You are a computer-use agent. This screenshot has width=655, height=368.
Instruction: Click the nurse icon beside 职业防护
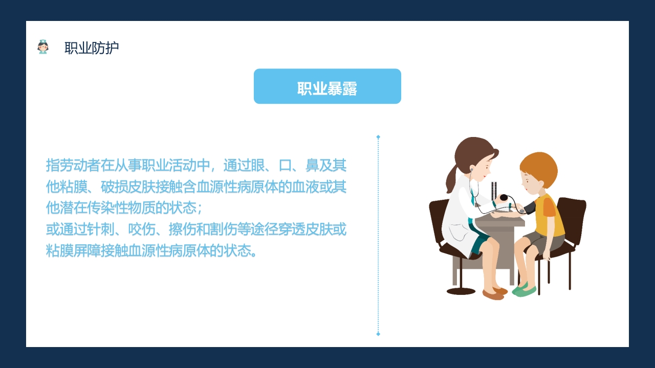coord(43,47)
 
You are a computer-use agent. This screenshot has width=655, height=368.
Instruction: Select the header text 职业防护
coord(92,48)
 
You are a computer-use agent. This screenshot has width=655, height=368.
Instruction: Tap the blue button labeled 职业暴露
coord(327,86)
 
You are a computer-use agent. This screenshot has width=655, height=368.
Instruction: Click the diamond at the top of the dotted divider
coord(378,137)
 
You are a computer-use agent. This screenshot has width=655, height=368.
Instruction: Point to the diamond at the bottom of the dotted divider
coord(378,334)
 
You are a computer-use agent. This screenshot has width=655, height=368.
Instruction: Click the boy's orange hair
coord(540,166)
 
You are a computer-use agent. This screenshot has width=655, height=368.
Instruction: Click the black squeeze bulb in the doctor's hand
coord(504,198)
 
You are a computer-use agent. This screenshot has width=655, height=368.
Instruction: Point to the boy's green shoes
coord(524,290)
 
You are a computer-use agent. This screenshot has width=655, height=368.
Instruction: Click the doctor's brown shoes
coord(493,293)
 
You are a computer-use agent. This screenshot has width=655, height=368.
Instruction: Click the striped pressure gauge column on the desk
coord(494,192)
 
